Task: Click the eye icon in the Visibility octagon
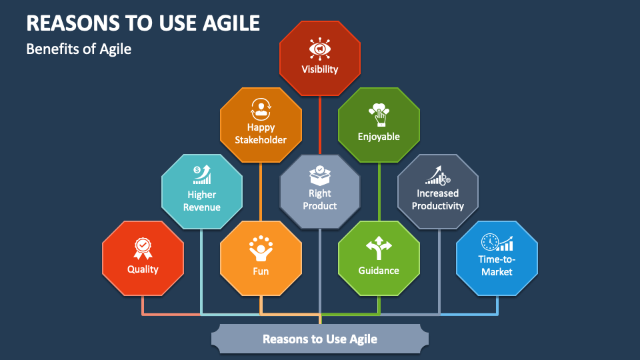[x=320, y=49]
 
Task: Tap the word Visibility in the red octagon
[x=320, y=69]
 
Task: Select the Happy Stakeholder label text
[x=261, y=133]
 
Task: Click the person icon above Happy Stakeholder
[x=261, y=108]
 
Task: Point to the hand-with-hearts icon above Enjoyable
[x=379, y=114]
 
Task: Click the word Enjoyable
[x=379, y=137]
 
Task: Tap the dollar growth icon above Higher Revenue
[x=202, y=175]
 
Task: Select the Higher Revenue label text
[x=202, y=201]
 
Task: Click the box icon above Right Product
[x=320, y=175]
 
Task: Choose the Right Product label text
[x=320, y=199]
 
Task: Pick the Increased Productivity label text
[x=438, y=199]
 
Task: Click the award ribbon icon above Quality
[x=143, y=248]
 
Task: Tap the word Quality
[x=143, y=269]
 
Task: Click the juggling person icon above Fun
[x=261, y=248]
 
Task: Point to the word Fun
[x=261, y=271]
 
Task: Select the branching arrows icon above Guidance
[x=379, y=248]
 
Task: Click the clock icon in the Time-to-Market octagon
[x=490, y=242]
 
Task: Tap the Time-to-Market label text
[x=497, y=265]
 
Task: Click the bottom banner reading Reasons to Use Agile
[x=320, y=339]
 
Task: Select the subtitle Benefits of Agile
[x=79, y=49]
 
